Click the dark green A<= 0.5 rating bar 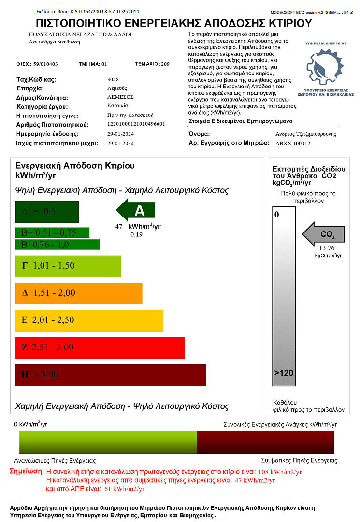pos(47,211)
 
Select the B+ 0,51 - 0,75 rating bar pos(52,232)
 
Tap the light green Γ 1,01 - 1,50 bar pos(68,265)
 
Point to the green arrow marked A pos(136,211)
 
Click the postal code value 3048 pos(113,79)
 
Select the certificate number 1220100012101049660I pos(136,124)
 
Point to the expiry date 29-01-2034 pos(120,143)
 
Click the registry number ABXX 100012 pos(292,143)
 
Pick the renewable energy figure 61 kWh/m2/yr pos(124,489)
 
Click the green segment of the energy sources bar pos(108,442)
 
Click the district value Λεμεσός pos(117,88)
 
